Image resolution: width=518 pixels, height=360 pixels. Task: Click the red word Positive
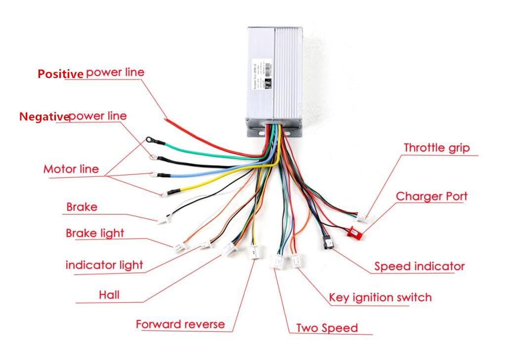point(60,74)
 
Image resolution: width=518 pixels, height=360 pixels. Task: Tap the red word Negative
point(43,117)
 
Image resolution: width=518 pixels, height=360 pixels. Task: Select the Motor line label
point(71,169)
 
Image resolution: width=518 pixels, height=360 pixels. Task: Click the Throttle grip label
point(436,148)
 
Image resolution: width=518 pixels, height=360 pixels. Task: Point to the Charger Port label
point(432,196)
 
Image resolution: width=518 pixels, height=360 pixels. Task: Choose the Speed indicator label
point(419,267)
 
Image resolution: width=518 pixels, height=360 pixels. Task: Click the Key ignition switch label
point(380,297)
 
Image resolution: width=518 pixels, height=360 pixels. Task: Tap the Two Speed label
point(327,328)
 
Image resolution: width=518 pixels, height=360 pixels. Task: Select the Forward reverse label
point(180,324)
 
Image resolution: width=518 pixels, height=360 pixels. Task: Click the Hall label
point(109,295)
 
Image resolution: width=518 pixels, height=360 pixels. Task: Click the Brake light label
point(95,233)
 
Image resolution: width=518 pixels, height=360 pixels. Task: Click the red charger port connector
point(355,231)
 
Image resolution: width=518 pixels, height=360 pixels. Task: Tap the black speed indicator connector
point(327,242)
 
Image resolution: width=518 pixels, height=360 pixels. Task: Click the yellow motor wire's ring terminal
point(164,193)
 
